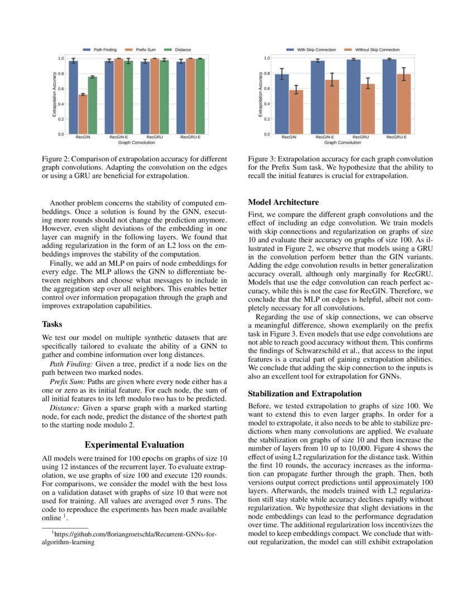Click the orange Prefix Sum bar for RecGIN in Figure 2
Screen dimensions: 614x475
tap(83, 114)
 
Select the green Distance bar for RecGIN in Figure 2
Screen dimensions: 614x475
tap(92, 105)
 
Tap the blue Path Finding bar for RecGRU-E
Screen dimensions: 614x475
tap(180, 98)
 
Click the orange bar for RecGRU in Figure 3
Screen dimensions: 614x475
tap(367, 109)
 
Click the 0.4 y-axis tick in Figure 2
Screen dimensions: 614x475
tap(60, 104)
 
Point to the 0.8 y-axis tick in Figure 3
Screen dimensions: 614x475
tap(267, 74)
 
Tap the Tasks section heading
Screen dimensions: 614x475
tap(52, 324)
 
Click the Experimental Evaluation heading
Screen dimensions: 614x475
tap(134, 445)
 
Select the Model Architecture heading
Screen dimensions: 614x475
tap(283, 202)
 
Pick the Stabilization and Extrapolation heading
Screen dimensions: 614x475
tap(306, 393)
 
